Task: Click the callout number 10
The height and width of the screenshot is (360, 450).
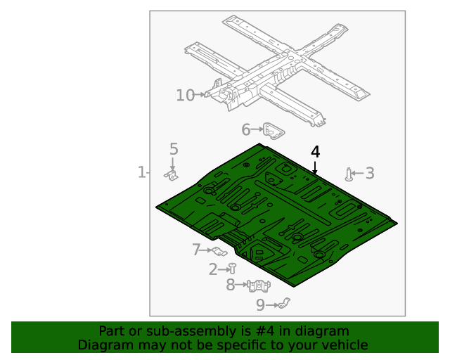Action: [x=185, y=95]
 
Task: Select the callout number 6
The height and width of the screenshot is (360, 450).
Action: [x=245, y=129]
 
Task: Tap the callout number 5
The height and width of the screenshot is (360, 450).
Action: [x=173, y=149]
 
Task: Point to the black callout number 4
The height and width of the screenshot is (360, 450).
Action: [x=315, y=151]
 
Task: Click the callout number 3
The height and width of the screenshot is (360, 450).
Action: [x=369, y=173]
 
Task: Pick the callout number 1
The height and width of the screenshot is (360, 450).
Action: [x=141, y=172]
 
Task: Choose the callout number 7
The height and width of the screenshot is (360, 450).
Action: [x=197, y=249]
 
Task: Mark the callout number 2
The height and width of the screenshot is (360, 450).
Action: [x=213, y=269]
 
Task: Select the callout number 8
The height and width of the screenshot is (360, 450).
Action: [x=230, y=285]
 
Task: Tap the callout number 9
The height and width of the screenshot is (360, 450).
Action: [x=260, y=304]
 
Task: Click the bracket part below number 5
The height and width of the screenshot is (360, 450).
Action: [x=171, y=174]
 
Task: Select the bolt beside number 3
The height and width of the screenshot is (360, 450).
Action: [x=349, y=174]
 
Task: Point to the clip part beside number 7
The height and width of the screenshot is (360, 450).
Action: [x=218, y=251]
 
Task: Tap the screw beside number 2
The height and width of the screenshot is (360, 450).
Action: [x=231, y=268]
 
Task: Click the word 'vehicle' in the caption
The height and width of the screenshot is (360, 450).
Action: [x=344, y=345]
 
